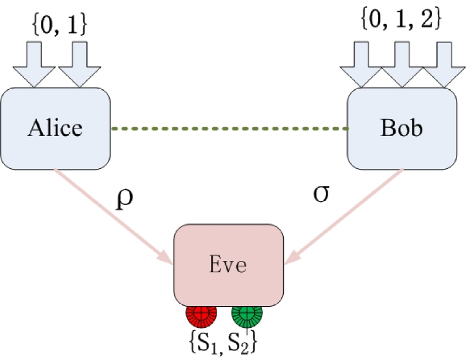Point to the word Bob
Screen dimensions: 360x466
[x=402, y=128]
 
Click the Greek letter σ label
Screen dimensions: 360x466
[x=321, y=194]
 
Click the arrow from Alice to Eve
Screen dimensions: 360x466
[x=111, y=215]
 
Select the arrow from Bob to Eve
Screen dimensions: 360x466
[x=346, y=213]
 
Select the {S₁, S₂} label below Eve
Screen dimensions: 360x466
[x=223, y=341]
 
